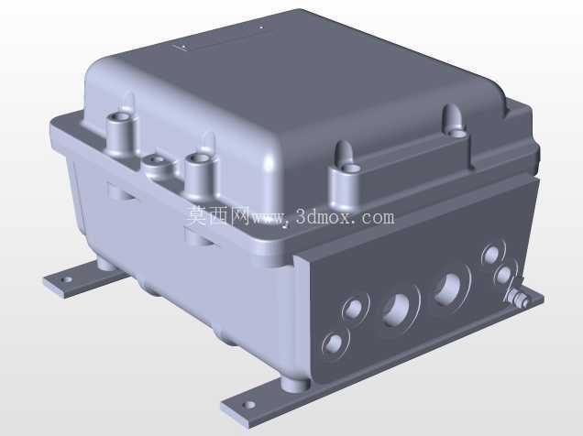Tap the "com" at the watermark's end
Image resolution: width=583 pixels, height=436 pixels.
379,218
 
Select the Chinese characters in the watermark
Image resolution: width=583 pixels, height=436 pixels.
218,216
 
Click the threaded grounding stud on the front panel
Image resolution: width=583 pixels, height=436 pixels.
516,297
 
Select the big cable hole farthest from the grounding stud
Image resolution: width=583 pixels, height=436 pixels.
397,311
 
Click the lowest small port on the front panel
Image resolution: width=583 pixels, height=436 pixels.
333,343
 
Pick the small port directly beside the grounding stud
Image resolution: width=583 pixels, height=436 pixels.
504,275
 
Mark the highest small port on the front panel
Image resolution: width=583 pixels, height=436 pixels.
492,255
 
